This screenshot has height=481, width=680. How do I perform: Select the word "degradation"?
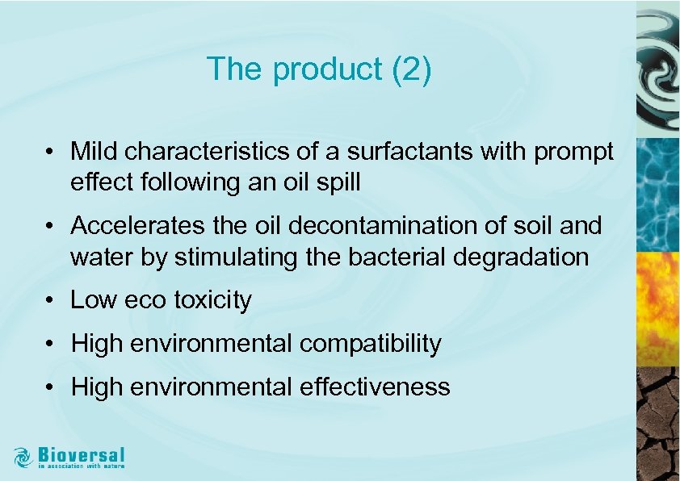coord(519,257)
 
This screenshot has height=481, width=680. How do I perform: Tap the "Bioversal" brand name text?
coord(82,453)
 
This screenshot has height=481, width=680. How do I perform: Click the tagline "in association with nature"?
coord(82,466)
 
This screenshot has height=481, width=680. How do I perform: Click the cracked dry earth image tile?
coord(657,424)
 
